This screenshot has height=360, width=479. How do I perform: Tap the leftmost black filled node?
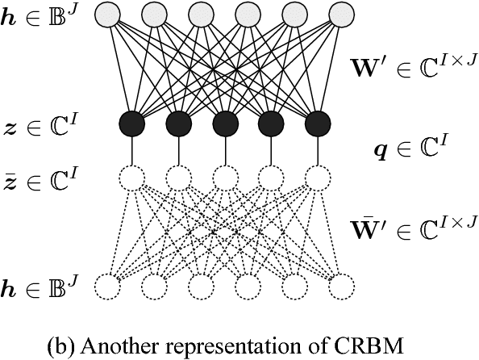coord(131,123)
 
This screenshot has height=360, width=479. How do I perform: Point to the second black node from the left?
coord(178,123)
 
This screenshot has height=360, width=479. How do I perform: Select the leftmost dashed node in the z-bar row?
coord(131,177)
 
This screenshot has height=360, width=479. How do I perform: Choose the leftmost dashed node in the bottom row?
coord(107,286)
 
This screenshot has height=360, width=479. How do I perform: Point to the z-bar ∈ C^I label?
coord(41,177)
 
